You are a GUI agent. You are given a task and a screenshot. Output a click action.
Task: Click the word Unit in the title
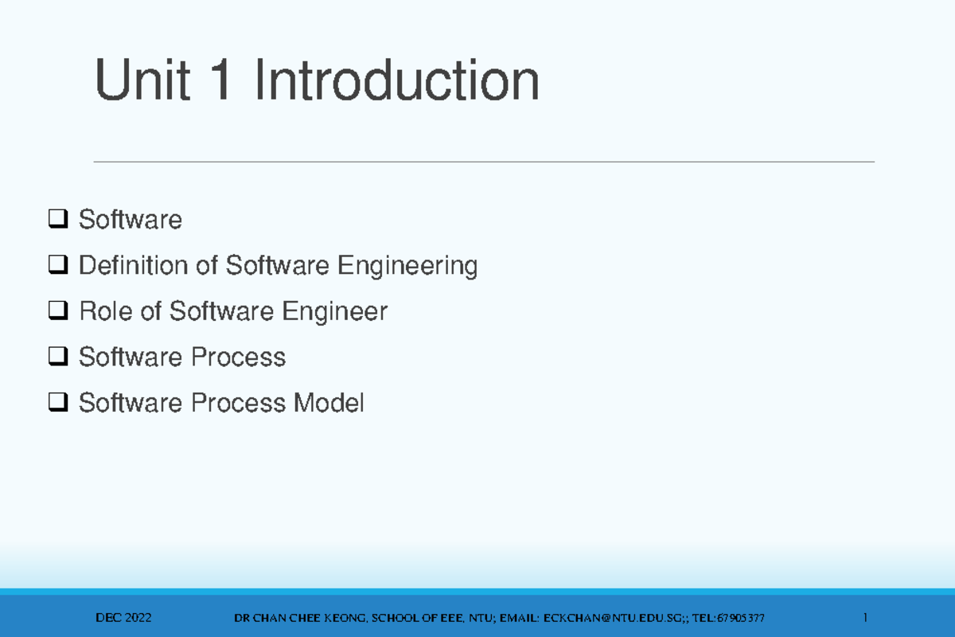tap(142, 80)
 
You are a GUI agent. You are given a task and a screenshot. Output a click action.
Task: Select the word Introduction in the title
tap(397, 80)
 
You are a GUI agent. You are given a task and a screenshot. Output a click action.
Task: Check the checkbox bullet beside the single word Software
tap(58, 219)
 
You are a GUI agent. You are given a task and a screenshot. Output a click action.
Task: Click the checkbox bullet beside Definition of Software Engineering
tap(58, 264)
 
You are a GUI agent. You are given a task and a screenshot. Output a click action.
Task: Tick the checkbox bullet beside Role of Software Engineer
tap(58, 311)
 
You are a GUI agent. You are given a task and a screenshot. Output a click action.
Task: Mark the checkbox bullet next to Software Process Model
tap(58, 402)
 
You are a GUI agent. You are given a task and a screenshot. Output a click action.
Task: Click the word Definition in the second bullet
tap(134, 265)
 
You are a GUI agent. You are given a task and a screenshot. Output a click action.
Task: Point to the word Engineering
tap(407, 266)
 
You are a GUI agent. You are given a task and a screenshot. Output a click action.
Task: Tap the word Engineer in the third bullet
tap(335, 312)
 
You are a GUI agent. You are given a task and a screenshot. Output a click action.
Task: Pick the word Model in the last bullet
tap(329, 402)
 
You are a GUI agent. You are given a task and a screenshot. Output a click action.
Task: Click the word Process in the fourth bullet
tap(238, 357)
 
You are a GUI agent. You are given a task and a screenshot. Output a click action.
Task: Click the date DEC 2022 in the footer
tap(123, 618)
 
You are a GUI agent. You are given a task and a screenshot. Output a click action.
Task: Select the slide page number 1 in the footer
tap(865, 617)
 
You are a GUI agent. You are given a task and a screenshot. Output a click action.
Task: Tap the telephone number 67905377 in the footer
tap(741, 618)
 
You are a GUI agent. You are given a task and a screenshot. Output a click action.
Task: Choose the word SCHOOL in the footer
tap(396, 618)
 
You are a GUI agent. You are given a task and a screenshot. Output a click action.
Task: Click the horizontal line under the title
tap(484, 162)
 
